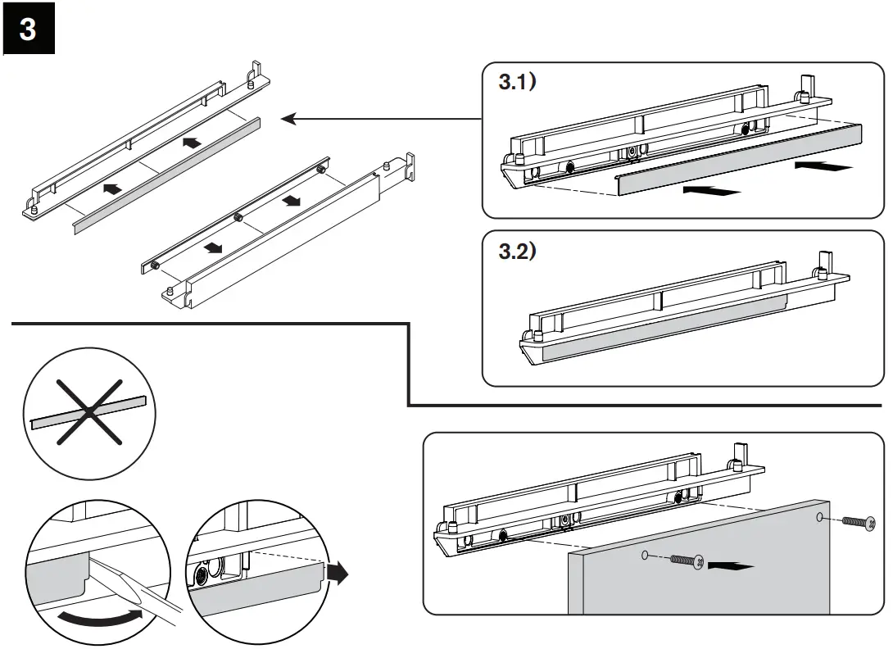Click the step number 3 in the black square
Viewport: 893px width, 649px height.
pyautogui.click(x=29, y=29)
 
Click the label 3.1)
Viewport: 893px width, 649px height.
pyautogui.click(x=517, y=83)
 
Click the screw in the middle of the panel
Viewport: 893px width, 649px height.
pyautogui.click(x=686, y=560)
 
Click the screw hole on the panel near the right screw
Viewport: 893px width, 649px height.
pyautogui.click(x=820, y=518)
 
